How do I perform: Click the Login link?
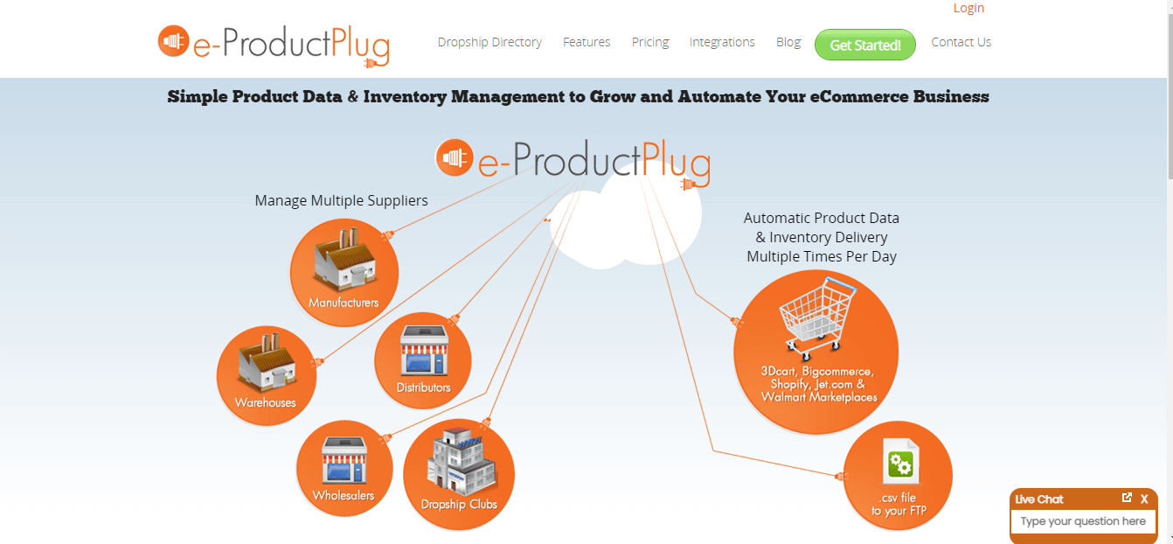pyautogui.click(x=968, y=8)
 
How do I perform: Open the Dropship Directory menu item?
pyautogui.click(x=489, y=42)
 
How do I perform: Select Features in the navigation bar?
pyautogui.click(x=586, y=42)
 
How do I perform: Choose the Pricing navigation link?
pyautogui.click(x=650, y=42)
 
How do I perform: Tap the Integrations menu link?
pyautogui.click(x=722, y=42)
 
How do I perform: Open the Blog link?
pyautogui.click(x=788, y=42)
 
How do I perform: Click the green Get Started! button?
pyautogui.click(x=865, y=45)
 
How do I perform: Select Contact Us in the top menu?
pyautogui.click(x=961, y=42)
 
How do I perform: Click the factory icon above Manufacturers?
pyautogui.click(x=344, y=259)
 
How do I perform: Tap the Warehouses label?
pyautogui.click(x=265, y=402)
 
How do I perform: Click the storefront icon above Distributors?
pyautogui.click(x=424, y=350)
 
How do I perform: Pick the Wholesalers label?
pyautogui.click(x=344, y=495)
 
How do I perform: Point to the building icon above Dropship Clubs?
pyautogui.click(x=461, y=462)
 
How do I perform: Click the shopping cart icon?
pyautogui.click(x=817, y=318)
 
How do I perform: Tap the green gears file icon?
pyautogui.click(x=900, y=461)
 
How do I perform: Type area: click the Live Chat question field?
pyautogui.click(x=1083, y=521)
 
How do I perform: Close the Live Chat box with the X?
pyautogui.click(x=1144, y=499)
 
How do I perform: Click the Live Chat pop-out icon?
pyautogui.click(x=1127, y=498)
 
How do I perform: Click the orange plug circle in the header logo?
pyautogui.click(x=173, y=40)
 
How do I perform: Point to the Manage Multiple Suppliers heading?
pyautogui.click(x=342, y=201)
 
